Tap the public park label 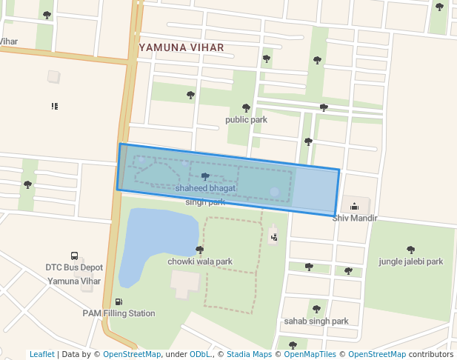tap(246, 119)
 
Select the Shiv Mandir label tap(355, 218)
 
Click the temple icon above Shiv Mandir tap(354, 207)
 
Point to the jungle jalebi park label tap(410, 261)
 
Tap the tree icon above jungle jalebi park tap(411, 250)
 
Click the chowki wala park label tap(200, 261)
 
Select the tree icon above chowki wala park tap(199, 250)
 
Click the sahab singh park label tap(316, 321)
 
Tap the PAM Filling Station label tap(119, 313)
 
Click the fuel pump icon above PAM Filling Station tap(119, 301)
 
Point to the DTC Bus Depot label tap(74, 267)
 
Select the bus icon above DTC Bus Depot tap(74, 256)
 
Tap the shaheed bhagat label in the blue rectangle tap(205, 189)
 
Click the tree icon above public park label tap(246, 108)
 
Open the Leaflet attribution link tap(41, 354)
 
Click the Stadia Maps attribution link tap(248, 354)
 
